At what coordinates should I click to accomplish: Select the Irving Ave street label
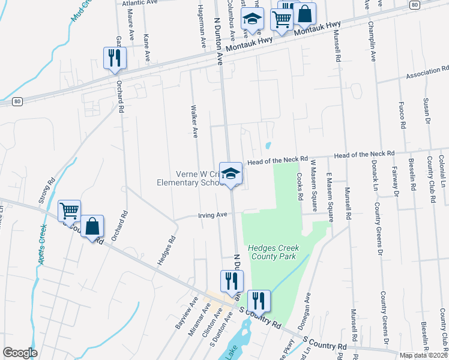(213, 215)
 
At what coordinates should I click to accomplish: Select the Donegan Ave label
(307, 307)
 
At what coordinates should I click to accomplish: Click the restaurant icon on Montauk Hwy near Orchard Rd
(114, 58)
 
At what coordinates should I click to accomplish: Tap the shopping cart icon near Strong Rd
(69, 211)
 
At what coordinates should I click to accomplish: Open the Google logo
(20, 353)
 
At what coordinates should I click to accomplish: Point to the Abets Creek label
(41, 247)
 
